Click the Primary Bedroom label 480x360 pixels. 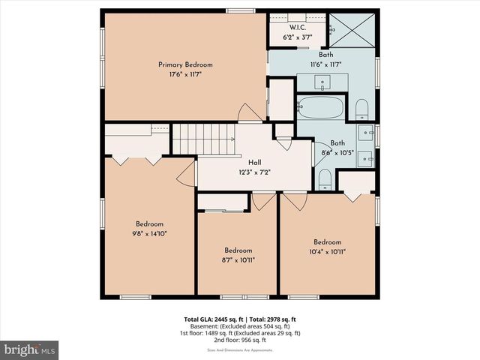pyautogui.click(x=185, y=64)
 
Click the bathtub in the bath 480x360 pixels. pyautogui.click(x=321, y=108)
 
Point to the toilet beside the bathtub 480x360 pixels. pyautogui.click(x=361, y=109)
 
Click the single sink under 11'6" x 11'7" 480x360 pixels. pyautogui.click(x=325, y=81)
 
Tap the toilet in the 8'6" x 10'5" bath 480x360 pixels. pyautogui.click(x=325, y=178)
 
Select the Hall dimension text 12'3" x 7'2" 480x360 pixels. pyautogui.click(x=254, y=172)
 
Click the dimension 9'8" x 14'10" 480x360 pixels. pyautogui.click(x=149, y=233)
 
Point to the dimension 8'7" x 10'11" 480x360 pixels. pyautogui.click(x=238, y=260)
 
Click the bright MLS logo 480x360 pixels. pyautogui.click(x=30, y=349)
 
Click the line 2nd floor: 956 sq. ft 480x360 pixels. pyautogui.click(x=239, y=340)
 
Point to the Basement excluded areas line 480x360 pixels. pyautogui.click(x=239, y=326)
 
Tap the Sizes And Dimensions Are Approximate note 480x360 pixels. pyautogui.click(x=239, y=349)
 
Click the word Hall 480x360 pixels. pyautogui.click(x=254, y=162)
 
